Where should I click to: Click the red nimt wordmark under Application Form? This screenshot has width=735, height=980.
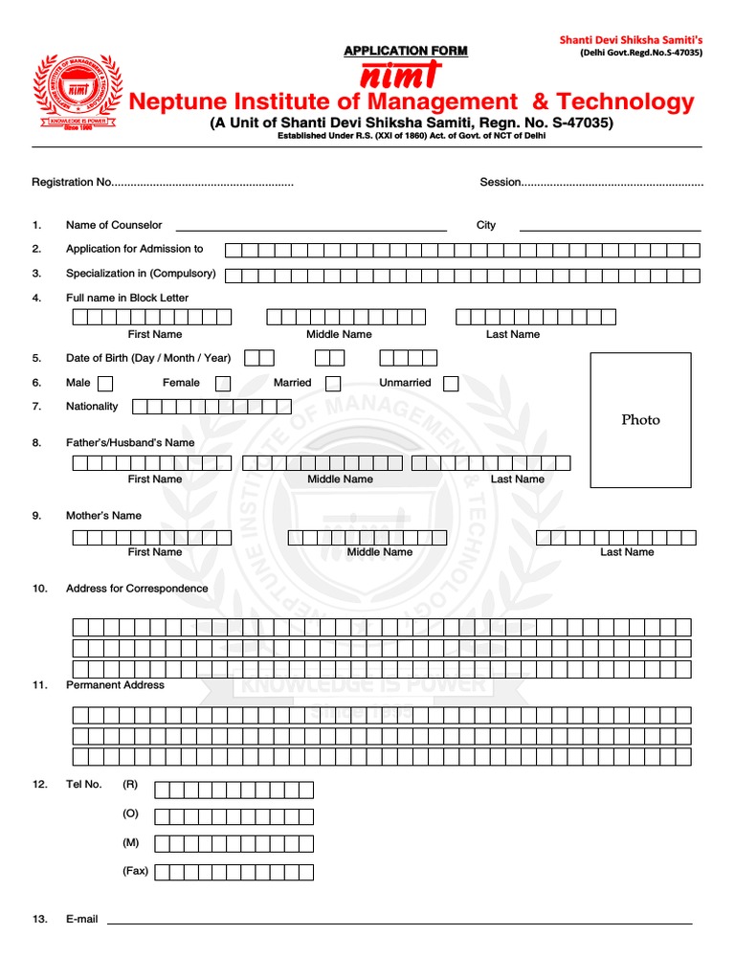pyautogui.click(x=401, y=76)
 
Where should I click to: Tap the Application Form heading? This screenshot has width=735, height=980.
pyautogui.click(x=406, y=51)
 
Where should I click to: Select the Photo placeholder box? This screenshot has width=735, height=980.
pyautogui.click(x=640, y=419)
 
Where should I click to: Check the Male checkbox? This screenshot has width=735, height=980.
pyautogui.click(x=105, y=384)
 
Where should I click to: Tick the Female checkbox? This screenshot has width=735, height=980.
pyautogui.click(x=223, y=384)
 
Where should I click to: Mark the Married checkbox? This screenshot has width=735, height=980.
pyautogui.click(x=333, y=384)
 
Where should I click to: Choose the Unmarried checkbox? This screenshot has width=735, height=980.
pyautogui.click(x=451, y=384)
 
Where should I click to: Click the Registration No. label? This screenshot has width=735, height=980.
pyautogui.click(x=73, y=182)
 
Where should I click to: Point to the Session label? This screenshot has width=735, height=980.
pyautogui.click(x=500, y=182)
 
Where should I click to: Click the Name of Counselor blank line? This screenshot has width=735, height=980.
pyautogui.click(x=311, y=229)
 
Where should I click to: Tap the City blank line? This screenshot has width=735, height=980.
pyautogui.click(x=610, y=229)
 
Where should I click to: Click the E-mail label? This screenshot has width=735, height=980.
pyautogui.click(x=82, y=919)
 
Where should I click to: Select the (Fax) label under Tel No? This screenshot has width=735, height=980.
pyautogui.click(x=135, y=871)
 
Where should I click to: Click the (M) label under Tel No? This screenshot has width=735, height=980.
pyautogui.click(x=131, y=842)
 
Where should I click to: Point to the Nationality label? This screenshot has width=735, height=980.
pyautogui.click(x=92, y=407)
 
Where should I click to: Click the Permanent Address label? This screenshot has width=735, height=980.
pyautogui.click(x=115, y=685)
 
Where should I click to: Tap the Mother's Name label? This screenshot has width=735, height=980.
pyautogui.click(x=103, y=516)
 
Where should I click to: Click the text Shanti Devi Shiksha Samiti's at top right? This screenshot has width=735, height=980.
pyautogui.click(x=631, y=39)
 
